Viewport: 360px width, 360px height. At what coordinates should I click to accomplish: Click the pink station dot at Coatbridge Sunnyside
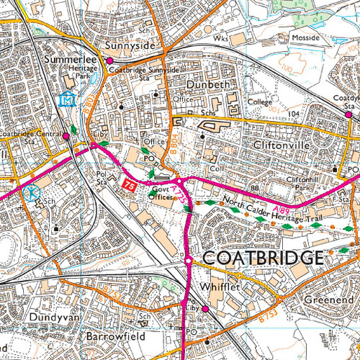click(x=109, y=61)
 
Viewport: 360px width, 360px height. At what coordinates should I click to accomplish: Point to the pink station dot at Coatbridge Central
click(x=66, y=135)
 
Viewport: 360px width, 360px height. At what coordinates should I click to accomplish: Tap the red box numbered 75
click(x=130, y=186)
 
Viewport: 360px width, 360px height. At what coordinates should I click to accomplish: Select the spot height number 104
click(x=293, y=114)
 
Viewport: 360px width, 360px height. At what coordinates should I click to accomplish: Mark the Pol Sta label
click(x=102, y=179)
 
